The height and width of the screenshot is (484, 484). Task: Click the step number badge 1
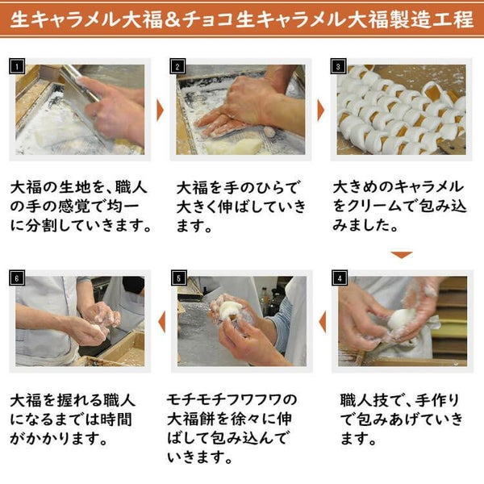click(20, 67)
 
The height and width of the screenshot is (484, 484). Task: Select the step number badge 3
click(339, 67)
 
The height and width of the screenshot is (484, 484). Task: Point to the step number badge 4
click(339, 279)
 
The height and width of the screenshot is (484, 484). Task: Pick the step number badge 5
click(179, 279)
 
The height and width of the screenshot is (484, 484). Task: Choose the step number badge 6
click(20, 279)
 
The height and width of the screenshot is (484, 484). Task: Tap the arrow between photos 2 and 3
click(319, 110)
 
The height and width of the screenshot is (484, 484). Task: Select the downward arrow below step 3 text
click(401, 255)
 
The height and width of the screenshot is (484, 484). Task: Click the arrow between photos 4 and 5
click(322, 321)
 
